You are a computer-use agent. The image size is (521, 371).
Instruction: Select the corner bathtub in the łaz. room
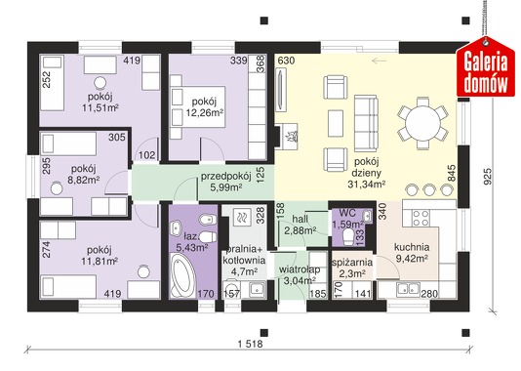click(x=182, y=275)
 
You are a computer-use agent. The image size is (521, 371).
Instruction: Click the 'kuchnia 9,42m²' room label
click(x=412, y=252)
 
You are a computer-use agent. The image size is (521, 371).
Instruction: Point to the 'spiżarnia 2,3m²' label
click(x=352, y=268)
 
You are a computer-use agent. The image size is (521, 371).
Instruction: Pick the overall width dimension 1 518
click(x=250, y=344)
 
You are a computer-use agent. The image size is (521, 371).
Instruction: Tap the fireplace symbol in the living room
click(x=289, y=137)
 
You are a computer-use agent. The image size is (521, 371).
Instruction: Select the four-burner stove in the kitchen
click(x=421, y=218)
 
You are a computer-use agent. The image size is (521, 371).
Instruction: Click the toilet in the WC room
click(x=348, y=237)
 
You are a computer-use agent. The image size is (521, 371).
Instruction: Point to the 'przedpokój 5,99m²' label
click(x=225, y=182)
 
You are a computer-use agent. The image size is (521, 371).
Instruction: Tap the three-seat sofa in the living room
click(x=366, y=123)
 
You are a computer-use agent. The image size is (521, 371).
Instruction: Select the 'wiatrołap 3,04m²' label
click(x=300, y=274)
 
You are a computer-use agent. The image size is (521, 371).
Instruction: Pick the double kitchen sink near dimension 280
click(x=408, y=289)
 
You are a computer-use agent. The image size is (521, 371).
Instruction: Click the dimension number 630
click(x=286, y=61)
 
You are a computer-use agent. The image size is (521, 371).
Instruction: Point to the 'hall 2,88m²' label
click(x=301, y=225)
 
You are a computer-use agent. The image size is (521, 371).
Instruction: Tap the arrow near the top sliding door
click(x=380, y=61)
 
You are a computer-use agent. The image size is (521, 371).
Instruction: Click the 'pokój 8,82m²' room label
click(x=84, y=174)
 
